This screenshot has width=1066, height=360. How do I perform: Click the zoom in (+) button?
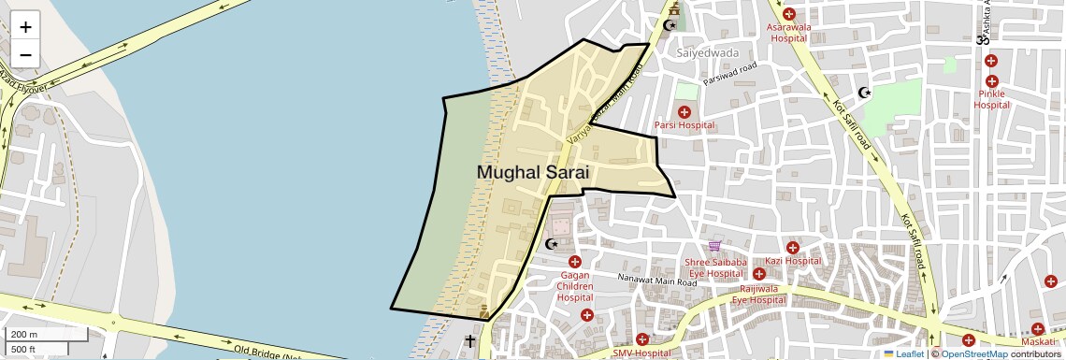pyautogui.click(x=26, y=27)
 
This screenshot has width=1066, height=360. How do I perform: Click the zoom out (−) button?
pyautogui.click(x=26, y=55)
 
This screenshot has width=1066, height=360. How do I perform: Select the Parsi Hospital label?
pyautogui.click(x=684, y=125)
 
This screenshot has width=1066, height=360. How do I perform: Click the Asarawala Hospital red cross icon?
pyautogui.click(x=788, y=14)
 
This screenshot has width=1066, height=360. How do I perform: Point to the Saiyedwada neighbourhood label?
pyautogui.click(x=707, y=52)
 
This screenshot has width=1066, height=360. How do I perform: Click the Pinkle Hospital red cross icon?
pyautogui.click(x=991, y=61)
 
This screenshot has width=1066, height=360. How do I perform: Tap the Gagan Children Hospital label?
pyautogui.click(x=575, y=286)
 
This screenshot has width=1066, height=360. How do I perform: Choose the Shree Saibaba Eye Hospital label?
pyautogui.click(x=716, y=268)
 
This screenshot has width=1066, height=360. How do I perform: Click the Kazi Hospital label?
pyautogui.click(x=792, y=262)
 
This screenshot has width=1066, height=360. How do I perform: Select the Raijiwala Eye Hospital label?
pyautogui.click(x=758, y=295)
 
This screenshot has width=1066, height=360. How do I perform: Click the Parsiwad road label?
pyautogui.click(x=730, y=74)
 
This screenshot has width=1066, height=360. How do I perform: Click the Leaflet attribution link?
pyautogui.click(x=903, y=353)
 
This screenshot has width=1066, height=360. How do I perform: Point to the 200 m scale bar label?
pyautogui.click(x=25, y=334)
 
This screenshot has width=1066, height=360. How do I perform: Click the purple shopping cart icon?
pyautogui.click(x=714, y=247)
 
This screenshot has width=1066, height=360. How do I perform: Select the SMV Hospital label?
pyautogui.click(x=641, y=353)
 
